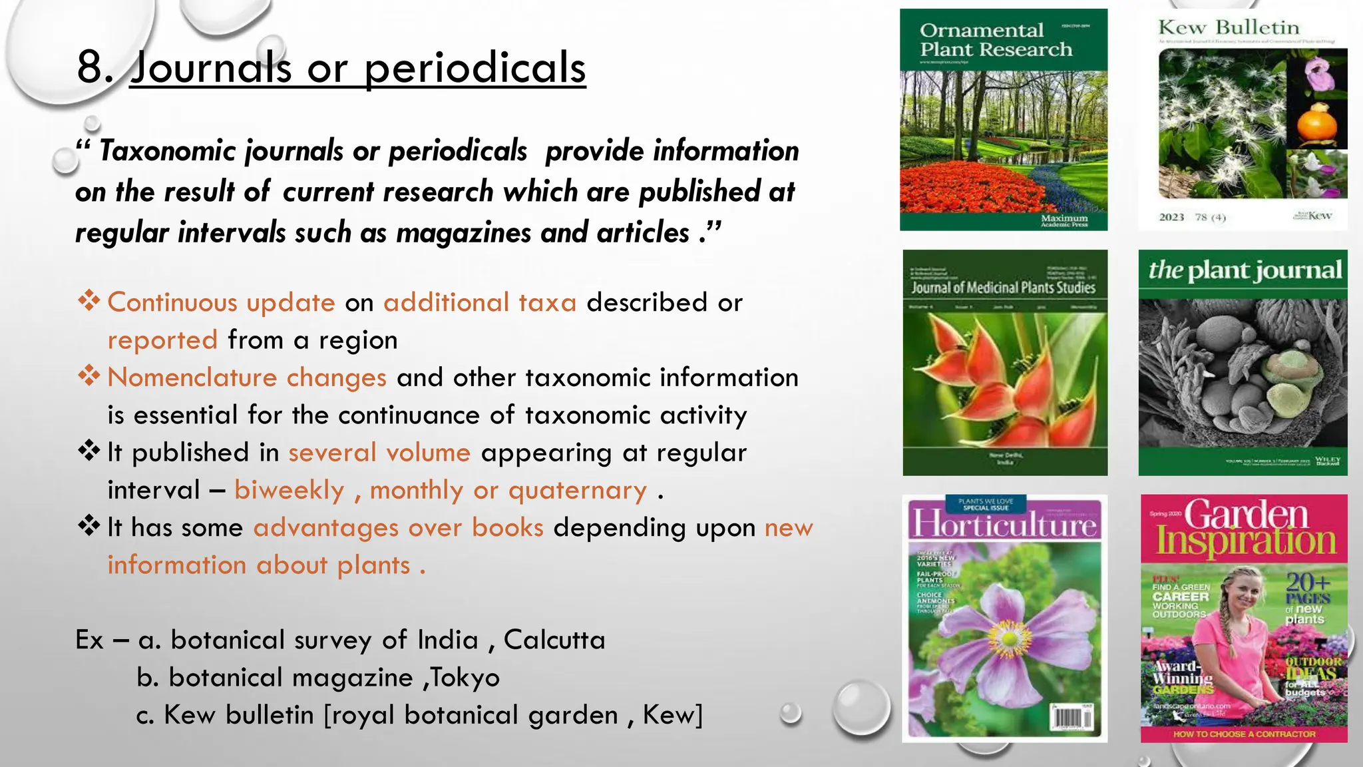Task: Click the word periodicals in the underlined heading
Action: coord(475,68)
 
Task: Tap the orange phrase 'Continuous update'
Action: coord(221,303)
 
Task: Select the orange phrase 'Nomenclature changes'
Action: coord(247,378)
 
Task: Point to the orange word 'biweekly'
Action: coord(290,491)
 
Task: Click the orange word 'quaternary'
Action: coord(577,491)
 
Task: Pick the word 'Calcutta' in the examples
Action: coord(554,640)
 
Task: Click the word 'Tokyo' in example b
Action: coord(465,678)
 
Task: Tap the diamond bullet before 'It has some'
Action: coord(89,527)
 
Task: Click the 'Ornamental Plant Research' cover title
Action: coord(996,40)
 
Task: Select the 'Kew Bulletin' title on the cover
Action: coord(1229,28)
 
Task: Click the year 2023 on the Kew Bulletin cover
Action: coord(1171,217)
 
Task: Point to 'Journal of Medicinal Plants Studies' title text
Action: coord(1003,288)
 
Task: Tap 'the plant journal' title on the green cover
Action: coord(1245,270)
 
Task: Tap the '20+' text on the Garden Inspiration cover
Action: coord(1308,582)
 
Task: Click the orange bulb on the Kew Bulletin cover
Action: coord(1317,123)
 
